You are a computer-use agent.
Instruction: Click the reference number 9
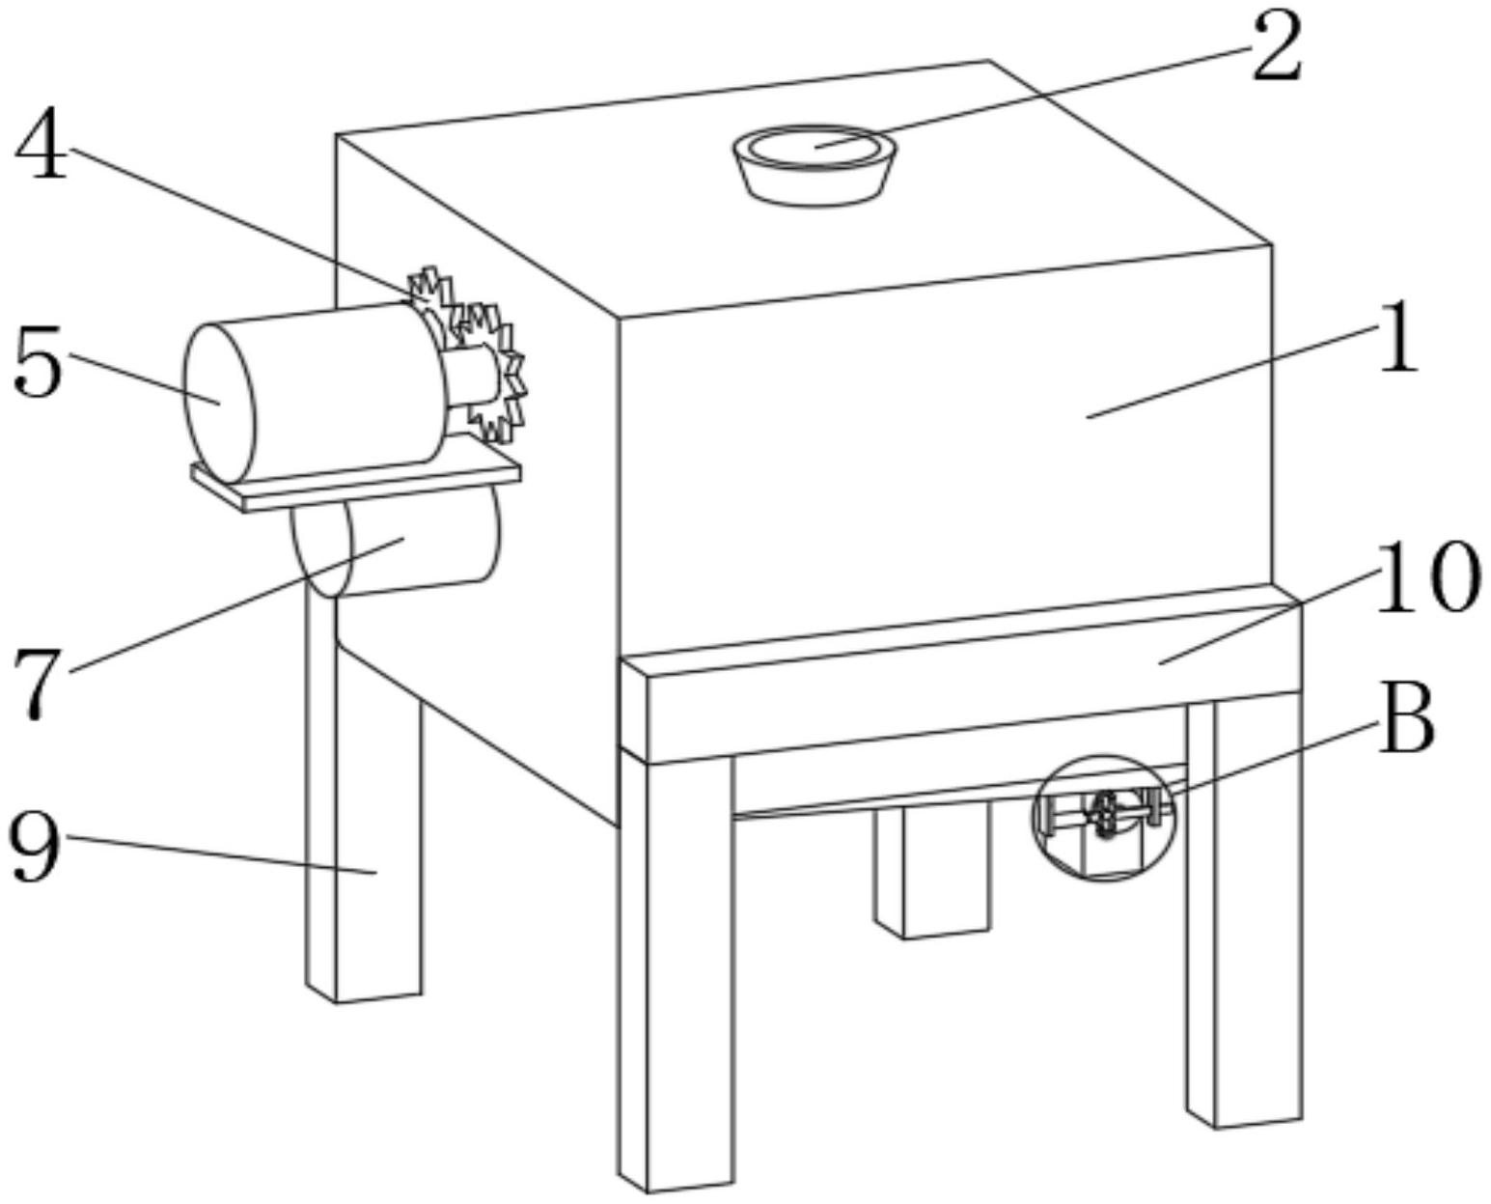point(35,846)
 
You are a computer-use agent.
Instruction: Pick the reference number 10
point(1426,577)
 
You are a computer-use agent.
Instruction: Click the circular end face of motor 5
point(220,404)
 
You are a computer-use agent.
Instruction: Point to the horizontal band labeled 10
point(965,686)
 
